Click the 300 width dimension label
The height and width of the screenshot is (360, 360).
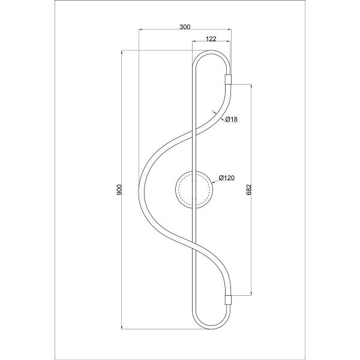[185, 27]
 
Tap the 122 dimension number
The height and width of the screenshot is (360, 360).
[211, 39]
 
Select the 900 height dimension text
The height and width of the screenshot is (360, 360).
[119, 190]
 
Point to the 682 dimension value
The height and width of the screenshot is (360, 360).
[249, 190]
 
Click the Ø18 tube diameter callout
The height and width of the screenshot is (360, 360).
[231, 119]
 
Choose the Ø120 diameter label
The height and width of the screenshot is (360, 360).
[227, 178]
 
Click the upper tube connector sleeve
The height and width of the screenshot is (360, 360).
[228, 79]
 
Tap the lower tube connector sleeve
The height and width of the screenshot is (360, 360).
[228, 300]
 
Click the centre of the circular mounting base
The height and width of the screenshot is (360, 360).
[194, 190]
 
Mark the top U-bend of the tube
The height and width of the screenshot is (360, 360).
[211, 52]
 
